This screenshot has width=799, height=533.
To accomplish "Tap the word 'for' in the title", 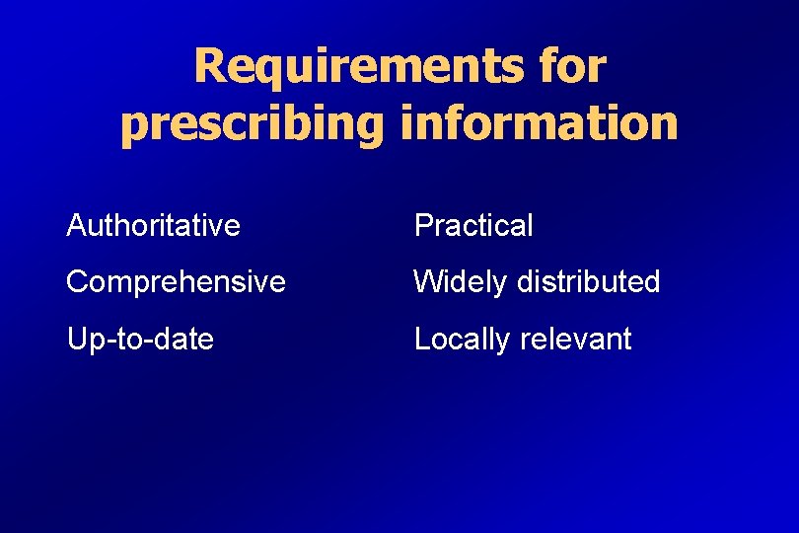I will (x=569, y=67).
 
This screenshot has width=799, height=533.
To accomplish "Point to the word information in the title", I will (x=540, y=123).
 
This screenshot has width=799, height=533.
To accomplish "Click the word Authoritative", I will (x=153, y=225).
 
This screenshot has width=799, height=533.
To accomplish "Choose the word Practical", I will (x=473, y=225).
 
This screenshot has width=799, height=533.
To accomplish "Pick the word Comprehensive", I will (x=176, y=282).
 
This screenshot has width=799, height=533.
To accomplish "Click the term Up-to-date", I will (x=140, y=340).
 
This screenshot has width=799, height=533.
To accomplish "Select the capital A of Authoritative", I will (x=75, y=225).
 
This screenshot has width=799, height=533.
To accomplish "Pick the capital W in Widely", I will (x=428, y=282).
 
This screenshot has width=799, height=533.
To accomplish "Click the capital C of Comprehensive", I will (x=77, y=282).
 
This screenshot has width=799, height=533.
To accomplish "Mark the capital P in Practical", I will (x=422, y=225).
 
